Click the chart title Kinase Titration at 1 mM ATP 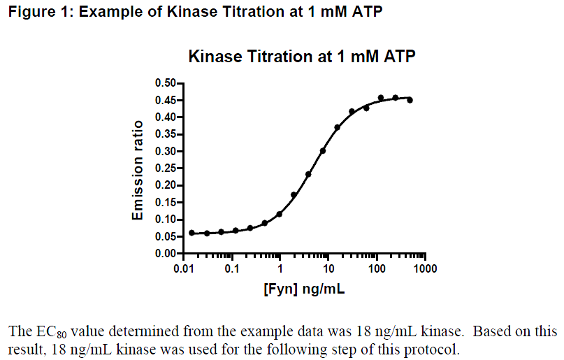pyautogui.click(x=302, y=57)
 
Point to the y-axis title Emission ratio pyautogui.click(x=138, y=171)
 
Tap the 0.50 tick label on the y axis pyautogui.click(x=165, y=83)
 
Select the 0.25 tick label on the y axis pyautogui.click(x=165, y=168)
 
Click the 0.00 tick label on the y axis pyautogui.click(x=165, y=254)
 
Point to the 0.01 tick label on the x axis pyautogui.click(x=184, y=269)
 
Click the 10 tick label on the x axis pyautogui.click(x=328, y=269)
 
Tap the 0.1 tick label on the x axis pyautogui.click(x=232, y=269)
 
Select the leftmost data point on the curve pyautogui.click(x=191, y=233)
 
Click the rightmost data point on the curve pyautogui.click(x=410, y=100)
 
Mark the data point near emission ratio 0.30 pyautogui.click(x=323, y=151)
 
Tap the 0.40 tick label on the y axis pyautogui.click(x=165, y=117)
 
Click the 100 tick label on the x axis pyautogui.click(x=377, y=269)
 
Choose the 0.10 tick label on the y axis pyautogui.click(x=165, y=219)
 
